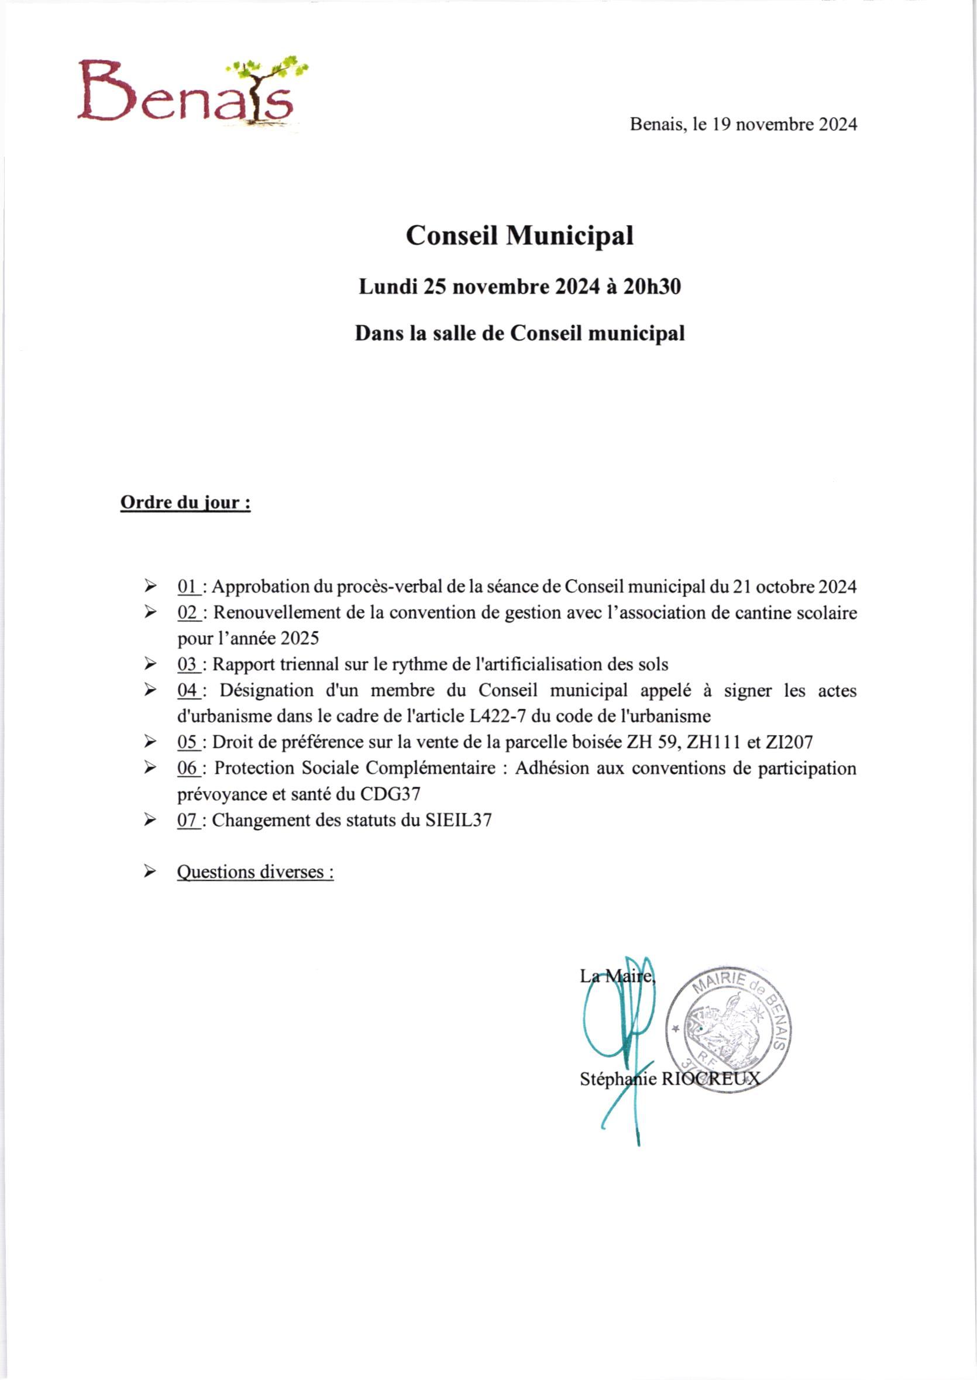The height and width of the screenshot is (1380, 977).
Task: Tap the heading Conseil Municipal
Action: pos(519,235)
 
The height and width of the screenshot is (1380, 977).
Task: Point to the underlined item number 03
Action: pos(188,664)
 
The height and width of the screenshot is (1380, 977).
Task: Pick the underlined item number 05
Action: pos(188,742)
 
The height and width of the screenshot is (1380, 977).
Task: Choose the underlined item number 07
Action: pos(188,820)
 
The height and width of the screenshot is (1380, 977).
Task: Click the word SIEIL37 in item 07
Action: pos(459,820)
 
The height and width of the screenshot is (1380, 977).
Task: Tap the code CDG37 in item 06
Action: pos(390,794)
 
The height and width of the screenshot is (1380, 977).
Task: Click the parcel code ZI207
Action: pos(789,742)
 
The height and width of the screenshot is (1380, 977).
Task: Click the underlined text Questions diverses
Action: pos(255,872)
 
